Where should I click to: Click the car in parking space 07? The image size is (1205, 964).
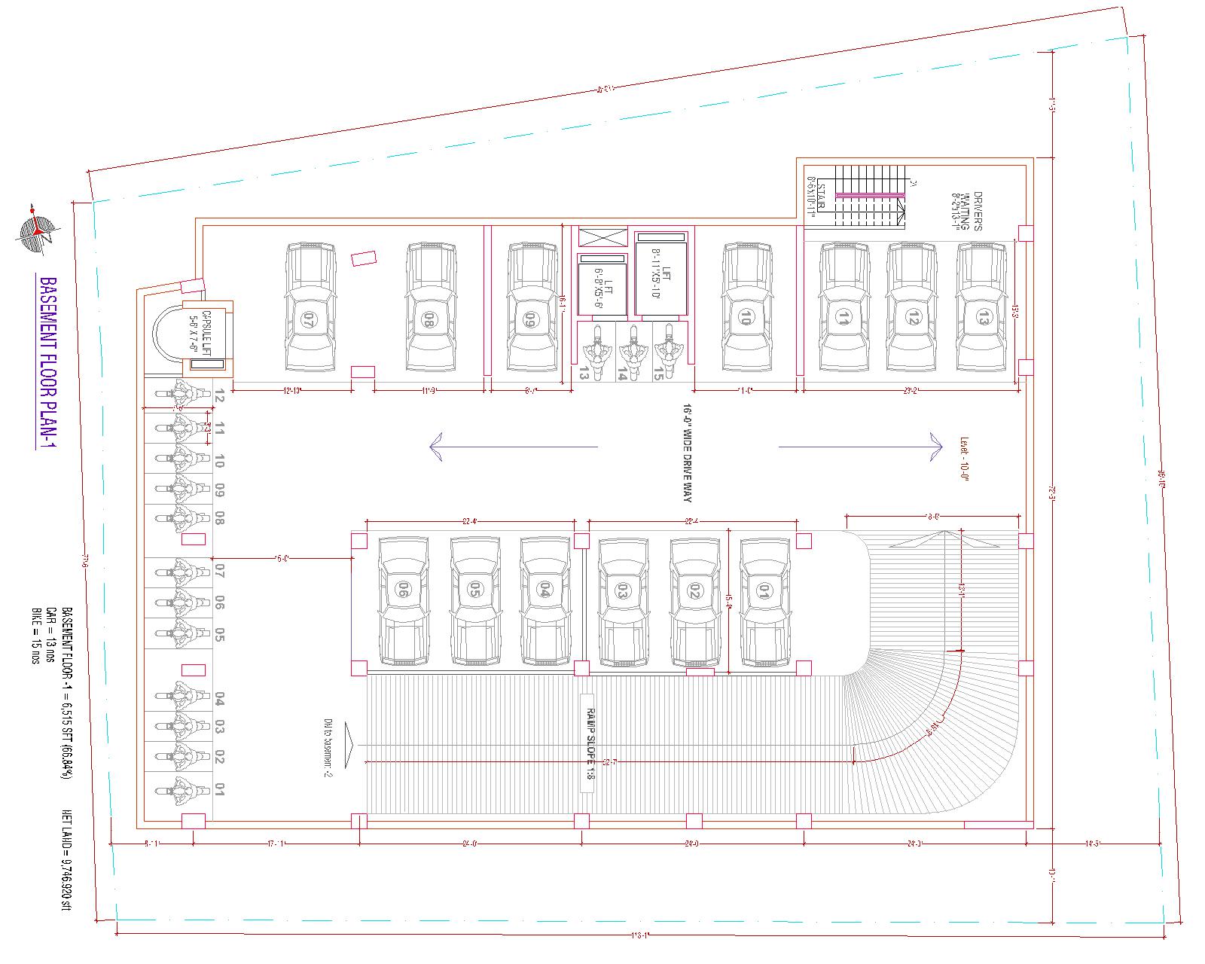pyautogui.click(x=310, y=307)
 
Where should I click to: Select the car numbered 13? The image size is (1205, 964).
pyautogui.click(x=982, y=307)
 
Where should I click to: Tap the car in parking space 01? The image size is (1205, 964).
pyautogui.click(x=765, y=602)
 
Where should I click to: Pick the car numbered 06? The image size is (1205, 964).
pyautogui.click(x=403, y=602)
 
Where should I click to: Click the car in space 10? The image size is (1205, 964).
pyautogui.click(x=747, y=307)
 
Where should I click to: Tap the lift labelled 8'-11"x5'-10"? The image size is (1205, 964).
pyautogui.click(x=661, y=273)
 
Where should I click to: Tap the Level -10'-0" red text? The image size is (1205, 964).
pyautogui.click(x=963, y=459)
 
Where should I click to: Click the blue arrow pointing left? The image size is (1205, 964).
pyautogui.click(x=512, y=446)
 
